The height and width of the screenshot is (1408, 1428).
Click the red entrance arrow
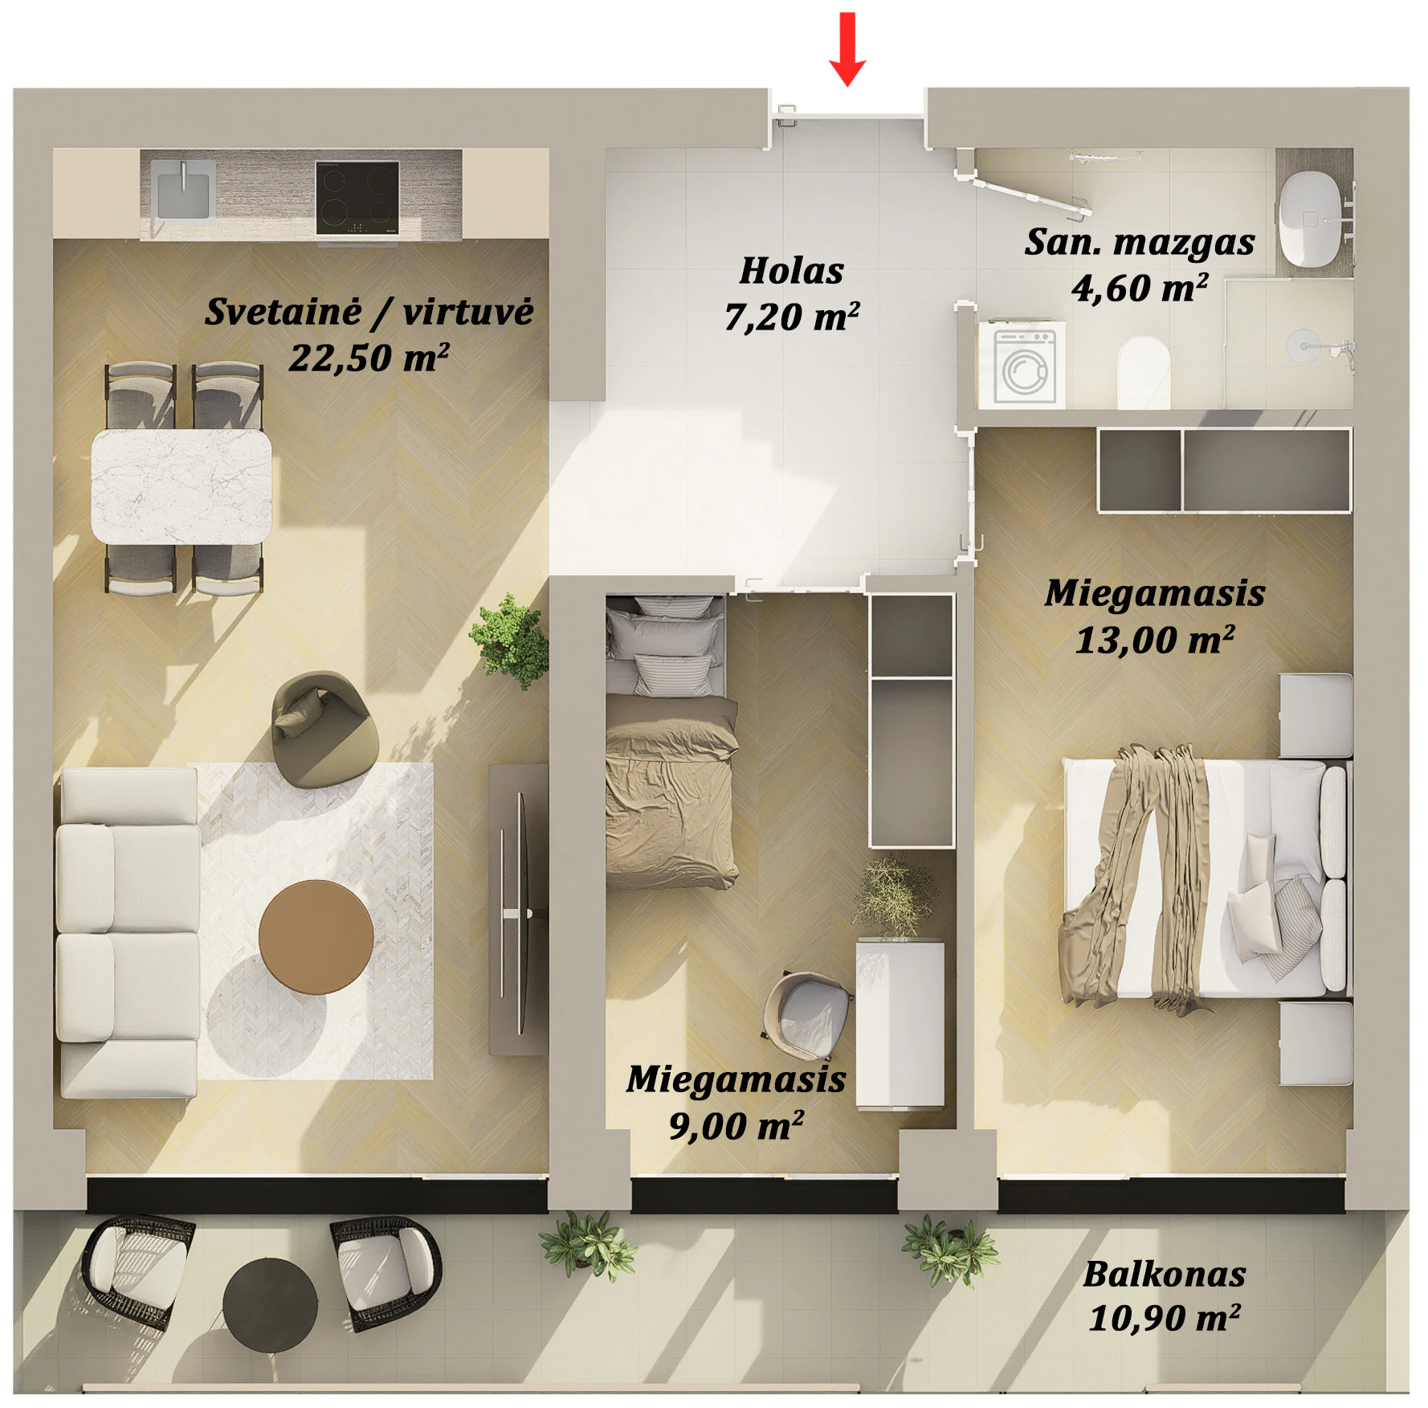click(x=847, y=48)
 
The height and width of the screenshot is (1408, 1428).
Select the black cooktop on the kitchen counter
click(x=357, y=198)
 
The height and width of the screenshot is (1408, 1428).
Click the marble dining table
click(x=182, y=486)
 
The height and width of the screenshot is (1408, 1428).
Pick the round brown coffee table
click(x=316, y=937)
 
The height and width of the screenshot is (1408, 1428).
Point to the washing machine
click(x=1022, y=363)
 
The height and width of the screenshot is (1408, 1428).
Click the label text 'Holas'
click(x=792, y=271)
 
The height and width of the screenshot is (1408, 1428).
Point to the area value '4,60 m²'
click(x=1140, y=288)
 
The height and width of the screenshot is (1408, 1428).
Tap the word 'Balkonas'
click(x=1165, y=1275)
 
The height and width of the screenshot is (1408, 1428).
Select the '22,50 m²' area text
click(x=369, y=358)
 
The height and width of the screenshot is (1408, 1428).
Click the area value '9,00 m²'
click(x=736, y=1125)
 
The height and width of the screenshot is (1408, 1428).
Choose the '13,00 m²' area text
click(x=1155, y=640)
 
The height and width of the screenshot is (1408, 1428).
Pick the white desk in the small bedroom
click(x=900, y=1024)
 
